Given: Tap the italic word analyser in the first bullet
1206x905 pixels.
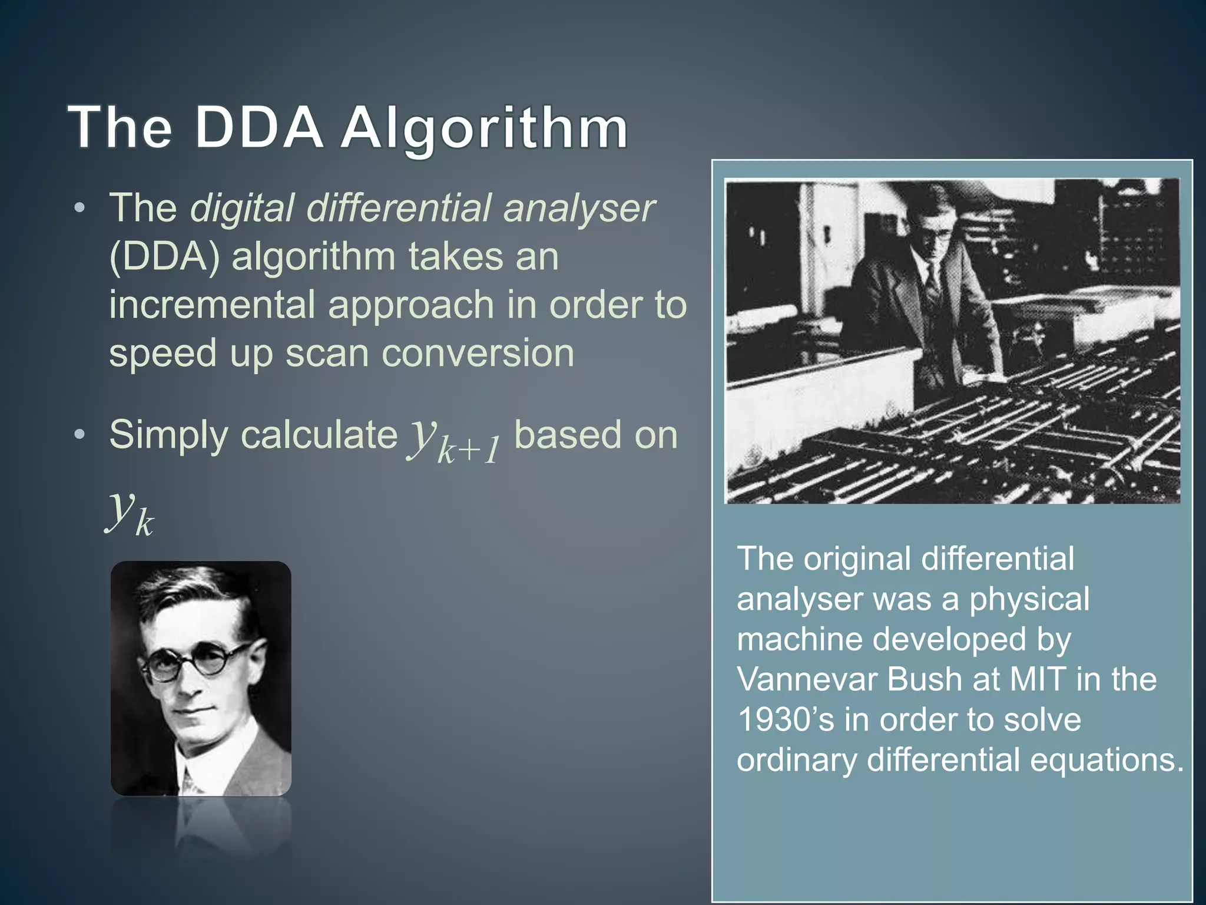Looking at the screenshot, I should click(578, 208).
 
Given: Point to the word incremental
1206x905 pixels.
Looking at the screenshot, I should click(212, 305).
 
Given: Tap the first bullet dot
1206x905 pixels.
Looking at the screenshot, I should click(80, 208).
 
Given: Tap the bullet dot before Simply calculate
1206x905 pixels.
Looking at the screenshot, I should click(80, 435).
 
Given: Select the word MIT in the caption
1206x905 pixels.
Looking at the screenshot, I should click(1038, 679).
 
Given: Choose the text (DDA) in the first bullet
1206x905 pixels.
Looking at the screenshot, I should click(164, 257).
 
